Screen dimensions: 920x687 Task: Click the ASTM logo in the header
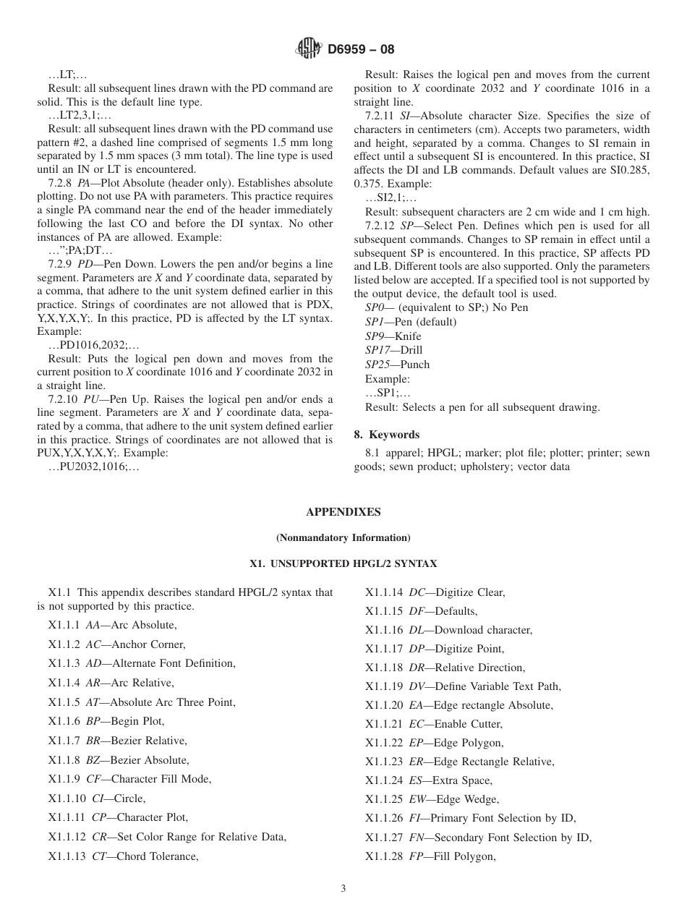pyautogui.click(x=309, y=49)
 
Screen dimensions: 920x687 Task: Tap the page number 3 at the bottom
pyautogui.click(x=343, y=889)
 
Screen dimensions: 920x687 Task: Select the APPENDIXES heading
pyautogui.click(x=343, y=511)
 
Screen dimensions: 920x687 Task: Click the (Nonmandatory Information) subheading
pyautogui.click(x=343, y=537)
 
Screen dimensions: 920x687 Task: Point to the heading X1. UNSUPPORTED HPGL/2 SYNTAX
pyautogui.click(x=343, y=563)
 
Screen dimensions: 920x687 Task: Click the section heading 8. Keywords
pyautogui.click(x=387, y=435)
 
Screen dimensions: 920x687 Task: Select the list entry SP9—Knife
pyautogui.click(x=393, y=336)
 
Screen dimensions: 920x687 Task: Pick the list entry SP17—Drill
pyautogui.click(x=393, y=350)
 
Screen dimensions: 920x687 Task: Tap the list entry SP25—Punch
pyautogui.click(x=397, y=365)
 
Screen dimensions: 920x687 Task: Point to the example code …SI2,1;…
pyautogui.click(x=391, y=197)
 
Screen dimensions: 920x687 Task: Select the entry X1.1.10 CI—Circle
pyautogui.click(x=97, y=798)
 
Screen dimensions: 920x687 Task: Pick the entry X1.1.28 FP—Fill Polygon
pyautogui.click(x=430, y=856)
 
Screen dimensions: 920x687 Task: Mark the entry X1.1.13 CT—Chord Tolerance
pyautogui.click(x=123, y=856)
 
